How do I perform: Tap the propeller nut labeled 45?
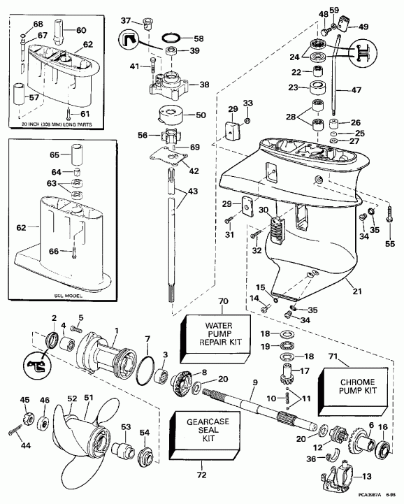coord(25,421)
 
